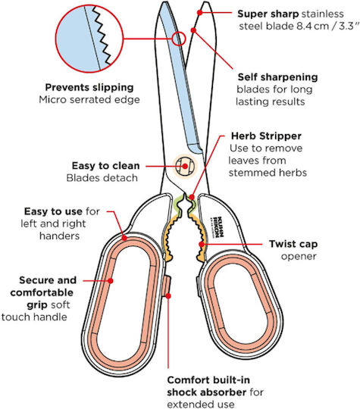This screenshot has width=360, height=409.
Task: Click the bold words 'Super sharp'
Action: (x=268, y=14)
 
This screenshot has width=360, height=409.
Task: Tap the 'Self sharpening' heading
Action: (x=277, y=77)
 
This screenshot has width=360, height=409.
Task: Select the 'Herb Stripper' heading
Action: (x=266, y=136)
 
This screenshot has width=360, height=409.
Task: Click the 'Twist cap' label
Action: (x=293, y=244)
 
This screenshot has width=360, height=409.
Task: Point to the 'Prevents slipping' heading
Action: (x=89, y=87)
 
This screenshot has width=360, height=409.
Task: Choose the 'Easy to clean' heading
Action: (x=106, y=166)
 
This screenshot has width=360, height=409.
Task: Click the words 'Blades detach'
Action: (x=102, y=178)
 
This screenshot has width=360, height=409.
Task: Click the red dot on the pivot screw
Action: (x=185, y=166)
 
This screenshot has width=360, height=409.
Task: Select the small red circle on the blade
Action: (x=179, y=39)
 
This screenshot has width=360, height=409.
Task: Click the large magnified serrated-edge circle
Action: (x=89, y=39)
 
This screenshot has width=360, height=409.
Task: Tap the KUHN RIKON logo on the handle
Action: (x=218, y=226)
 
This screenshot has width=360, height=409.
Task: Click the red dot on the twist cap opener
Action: (x=202, y=245)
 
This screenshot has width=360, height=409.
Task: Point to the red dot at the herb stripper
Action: (x=192, y=197)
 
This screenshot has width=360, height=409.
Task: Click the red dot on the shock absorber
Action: (x=168, y=296)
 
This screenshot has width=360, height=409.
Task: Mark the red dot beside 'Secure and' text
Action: (x=111, y=281)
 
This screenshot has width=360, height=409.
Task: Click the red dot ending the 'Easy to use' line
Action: (x=124, y=238)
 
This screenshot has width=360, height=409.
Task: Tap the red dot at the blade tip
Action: (x=200, y=12)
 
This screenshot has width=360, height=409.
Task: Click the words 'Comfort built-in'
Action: (x=208, y=380)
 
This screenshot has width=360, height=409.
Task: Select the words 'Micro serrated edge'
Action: (x=89, y=100)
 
